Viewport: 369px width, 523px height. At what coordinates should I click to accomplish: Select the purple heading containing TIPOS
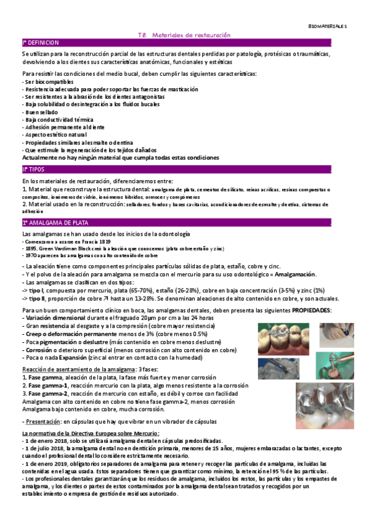click(37, 168)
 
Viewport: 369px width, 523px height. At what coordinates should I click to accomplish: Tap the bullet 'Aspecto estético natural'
click(55, 134)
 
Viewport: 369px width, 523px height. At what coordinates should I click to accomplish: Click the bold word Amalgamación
click(294, 274)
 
